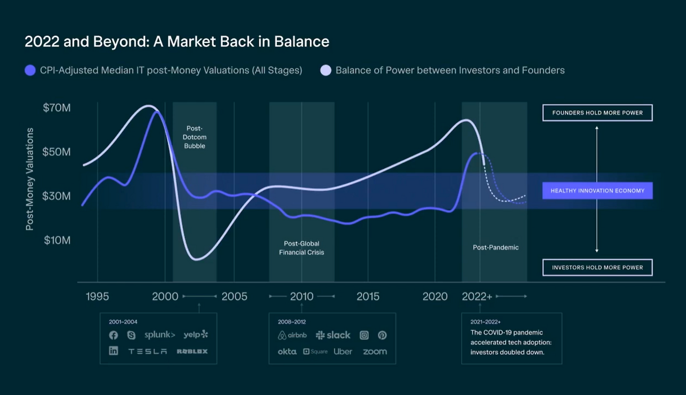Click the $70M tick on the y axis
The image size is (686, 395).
click(57, 108)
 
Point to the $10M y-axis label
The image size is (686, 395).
click(57, 240)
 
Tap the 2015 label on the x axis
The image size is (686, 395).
click(368, 296)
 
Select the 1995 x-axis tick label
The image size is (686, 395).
click(97, 296)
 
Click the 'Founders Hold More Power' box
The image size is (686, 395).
click(597, 113)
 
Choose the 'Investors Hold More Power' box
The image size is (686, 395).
click(597, 267)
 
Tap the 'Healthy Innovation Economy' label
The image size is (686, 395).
click(597, 191)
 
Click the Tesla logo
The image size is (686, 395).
click(147, 352)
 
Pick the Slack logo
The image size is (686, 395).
click(333, 335)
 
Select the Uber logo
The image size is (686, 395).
click(342, 352)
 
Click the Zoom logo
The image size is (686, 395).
click(375, 352)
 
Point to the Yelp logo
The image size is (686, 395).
click(196, 335)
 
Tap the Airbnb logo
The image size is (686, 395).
click(292, 335)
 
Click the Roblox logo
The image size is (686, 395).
click(192, 352)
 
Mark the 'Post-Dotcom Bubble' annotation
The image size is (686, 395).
click(195, 137)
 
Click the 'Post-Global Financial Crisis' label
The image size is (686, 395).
click(301, 248)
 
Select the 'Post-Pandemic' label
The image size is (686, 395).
click(496, 248)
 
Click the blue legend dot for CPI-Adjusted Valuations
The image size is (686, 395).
click(30, 70)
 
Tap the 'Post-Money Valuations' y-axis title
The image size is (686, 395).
click(30, 179)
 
